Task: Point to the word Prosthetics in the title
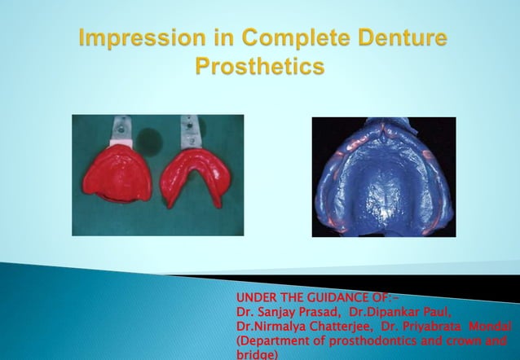coord(259,67)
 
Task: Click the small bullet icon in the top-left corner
coord(13,13)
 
